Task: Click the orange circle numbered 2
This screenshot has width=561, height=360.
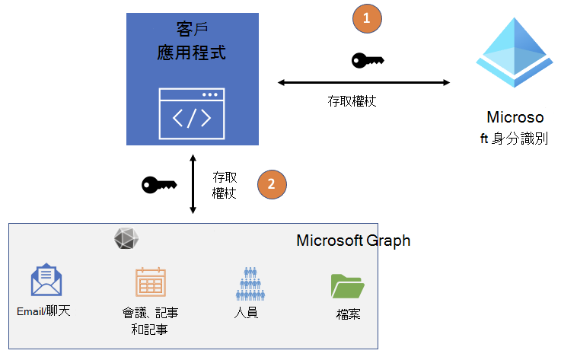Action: (x=273, y=183)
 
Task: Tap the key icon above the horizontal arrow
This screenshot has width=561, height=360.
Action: (x=368, y=61)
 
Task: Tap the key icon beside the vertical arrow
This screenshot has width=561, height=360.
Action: (x=159, y=184)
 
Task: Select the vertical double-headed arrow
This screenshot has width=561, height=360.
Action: (x=193, y=183)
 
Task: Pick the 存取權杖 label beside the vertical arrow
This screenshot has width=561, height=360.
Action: (x=225, y=185)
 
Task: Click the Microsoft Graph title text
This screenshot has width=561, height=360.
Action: (x=353, y=241)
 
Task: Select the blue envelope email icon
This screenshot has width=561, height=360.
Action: (x=46, y=280)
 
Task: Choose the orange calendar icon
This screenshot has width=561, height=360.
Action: (x=151, y=282)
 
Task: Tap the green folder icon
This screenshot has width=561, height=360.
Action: (x=348, y=285)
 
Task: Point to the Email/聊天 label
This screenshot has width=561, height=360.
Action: (x=43, y=311)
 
